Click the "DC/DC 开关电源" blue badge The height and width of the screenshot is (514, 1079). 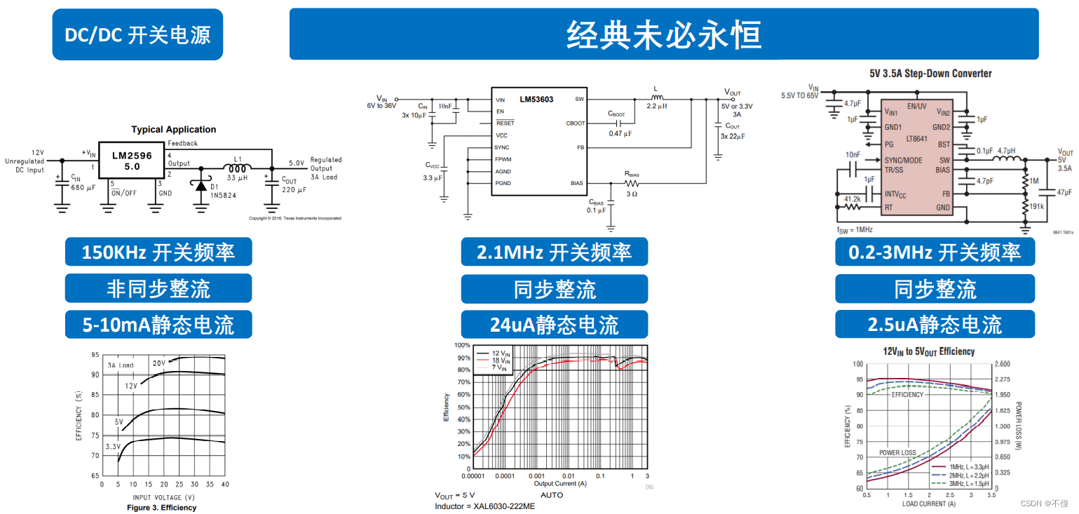pos(137,35)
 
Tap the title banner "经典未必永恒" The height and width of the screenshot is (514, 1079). pos(663,34)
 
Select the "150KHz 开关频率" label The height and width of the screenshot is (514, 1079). pos(158,252)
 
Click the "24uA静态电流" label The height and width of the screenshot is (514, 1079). pos(554,325)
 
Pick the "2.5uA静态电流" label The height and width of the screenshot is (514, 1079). pos(935,325)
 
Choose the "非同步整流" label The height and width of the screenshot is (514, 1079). pos(158,288)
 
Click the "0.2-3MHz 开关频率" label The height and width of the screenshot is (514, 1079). pos(935,252)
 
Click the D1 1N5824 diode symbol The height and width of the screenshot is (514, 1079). pos(202,186)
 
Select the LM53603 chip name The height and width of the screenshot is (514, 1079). pos(536,100)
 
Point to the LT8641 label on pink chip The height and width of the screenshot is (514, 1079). pos(917,139)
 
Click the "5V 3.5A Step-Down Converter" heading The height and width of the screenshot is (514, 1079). pos(930,74)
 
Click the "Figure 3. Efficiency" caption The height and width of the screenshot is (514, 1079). pos(161,508)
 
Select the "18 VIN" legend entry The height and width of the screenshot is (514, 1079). pos(501,360)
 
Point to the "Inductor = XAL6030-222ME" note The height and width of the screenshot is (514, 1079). pos(484,506)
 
